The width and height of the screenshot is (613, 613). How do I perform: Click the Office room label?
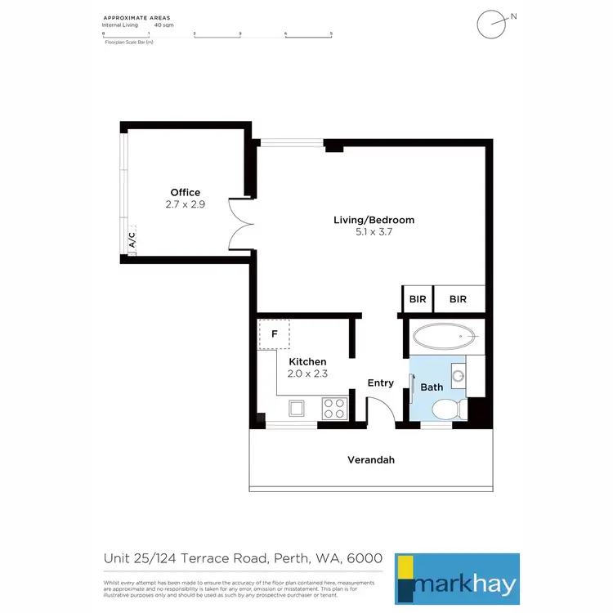click(185, 193)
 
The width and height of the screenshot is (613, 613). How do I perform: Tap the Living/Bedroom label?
click(374, 220)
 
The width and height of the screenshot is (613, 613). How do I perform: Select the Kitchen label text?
click(306, 361)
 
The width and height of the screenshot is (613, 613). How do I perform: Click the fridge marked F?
click(274, 334)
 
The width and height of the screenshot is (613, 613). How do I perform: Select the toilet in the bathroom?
click(445, 409)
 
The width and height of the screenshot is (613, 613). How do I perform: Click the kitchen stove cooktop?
click(333, 405)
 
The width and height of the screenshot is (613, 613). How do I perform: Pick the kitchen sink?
click(295, 407)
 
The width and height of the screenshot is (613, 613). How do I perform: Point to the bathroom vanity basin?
click(459, 378)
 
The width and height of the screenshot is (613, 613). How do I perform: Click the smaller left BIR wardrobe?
click(417, 299)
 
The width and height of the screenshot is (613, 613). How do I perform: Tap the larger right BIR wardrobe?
click(458, 299)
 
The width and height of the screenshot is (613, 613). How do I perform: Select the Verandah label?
click(371, 460)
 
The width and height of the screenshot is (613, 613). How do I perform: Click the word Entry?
click(381, 383)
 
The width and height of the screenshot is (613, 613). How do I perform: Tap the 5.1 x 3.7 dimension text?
click(374, 233)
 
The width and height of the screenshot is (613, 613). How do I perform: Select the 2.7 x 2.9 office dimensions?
click(185, 205)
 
